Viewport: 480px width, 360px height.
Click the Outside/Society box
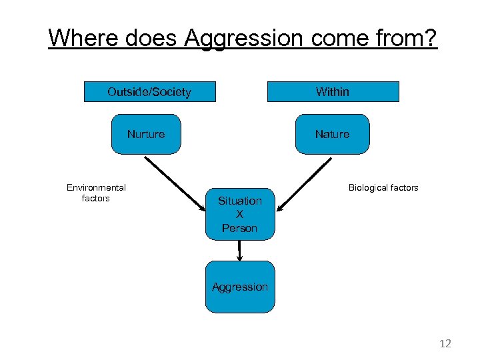[149, 92]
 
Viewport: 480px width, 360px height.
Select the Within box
[333, 92]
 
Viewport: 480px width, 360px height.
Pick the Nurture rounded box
[146, 135]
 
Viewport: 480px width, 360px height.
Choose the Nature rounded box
[333, 135]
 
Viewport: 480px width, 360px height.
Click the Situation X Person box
[240, 214]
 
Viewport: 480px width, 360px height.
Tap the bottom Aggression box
[240, 287]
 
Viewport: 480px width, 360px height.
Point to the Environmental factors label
[96, 193]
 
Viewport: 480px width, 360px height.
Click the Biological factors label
[383, 188]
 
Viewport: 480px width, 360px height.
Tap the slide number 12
[445, 344]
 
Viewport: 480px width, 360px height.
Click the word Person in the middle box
[240, 228]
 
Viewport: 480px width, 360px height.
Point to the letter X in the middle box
[240, 214]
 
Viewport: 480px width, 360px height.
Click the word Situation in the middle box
[240, 201]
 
